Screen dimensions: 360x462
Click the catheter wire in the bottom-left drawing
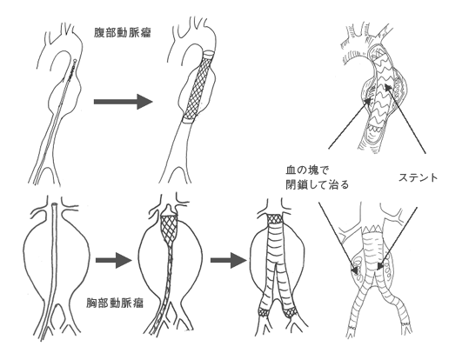click(55, 261)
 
